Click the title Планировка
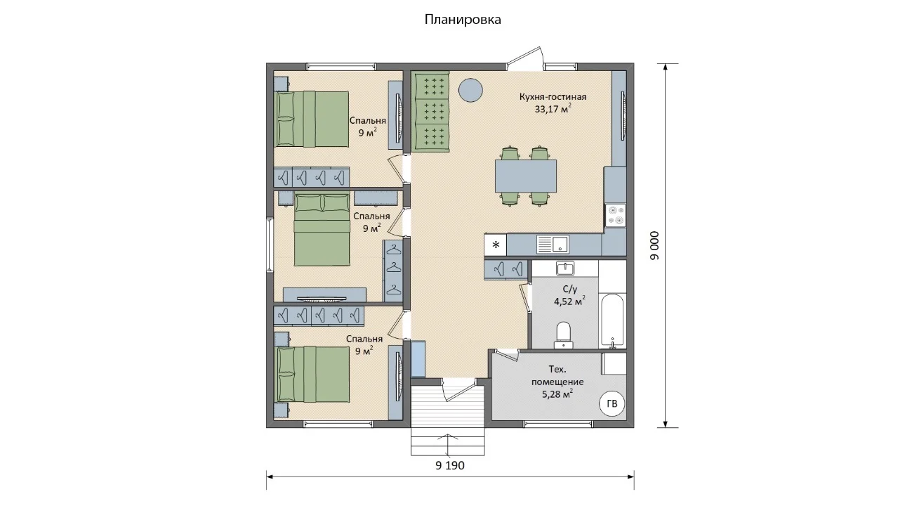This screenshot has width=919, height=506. click(463, 20)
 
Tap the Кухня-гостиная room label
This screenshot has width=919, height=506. click(553, 97)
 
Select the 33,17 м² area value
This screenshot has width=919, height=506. click(553, 109)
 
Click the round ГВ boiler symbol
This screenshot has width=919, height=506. click(611, 404)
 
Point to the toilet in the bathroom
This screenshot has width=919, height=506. click(564, 335)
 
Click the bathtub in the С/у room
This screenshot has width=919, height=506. click(612, 320)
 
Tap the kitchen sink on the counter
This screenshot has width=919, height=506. click(553, 244)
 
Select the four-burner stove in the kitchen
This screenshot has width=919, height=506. click(616, 216)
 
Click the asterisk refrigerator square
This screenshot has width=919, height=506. click(496, 245)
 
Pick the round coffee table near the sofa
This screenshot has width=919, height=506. click(470, 91)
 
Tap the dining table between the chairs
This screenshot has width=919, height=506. click(526, 176)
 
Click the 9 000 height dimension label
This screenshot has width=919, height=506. click(654, 245)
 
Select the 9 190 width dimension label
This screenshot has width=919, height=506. click(450, 465)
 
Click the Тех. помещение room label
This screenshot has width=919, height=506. click(557, 375)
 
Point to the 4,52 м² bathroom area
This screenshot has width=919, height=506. click(569, 301)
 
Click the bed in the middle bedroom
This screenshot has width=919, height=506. click(322, 230)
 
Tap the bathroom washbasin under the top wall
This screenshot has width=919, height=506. click(565, 268)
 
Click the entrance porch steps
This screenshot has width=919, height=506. click(448, 420)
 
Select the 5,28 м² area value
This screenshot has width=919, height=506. click(557, 394)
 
